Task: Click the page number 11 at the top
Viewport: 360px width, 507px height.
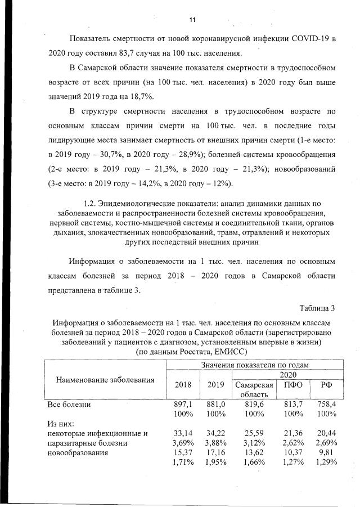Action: pyautogui.click(x=191, y=20)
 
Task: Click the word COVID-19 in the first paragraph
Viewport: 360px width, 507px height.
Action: pyautogui.click(x=307, y=39)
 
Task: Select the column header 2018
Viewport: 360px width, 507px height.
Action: pyautogui.click(x=183, y=385)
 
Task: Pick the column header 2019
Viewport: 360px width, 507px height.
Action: pyautogui.click(x=216, y=385)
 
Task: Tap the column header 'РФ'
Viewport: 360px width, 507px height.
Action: pyautogui.click(x=326, y=385)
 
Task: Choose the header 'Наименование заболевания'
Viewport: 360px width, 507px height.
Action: pyautogui.click(x=105, y=380)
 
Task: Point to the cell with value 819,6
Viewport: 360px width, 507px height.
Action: pyautogui.click(x=253, y=404)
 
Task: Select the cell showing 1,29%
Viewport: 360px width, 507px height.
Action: pyautogui.click(x=326, y=463)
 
